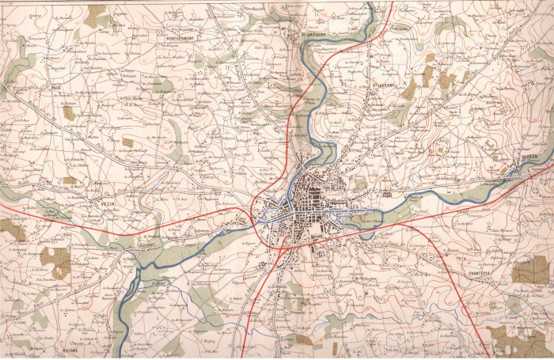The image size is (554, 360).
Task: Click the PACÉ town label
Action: coord(55,88)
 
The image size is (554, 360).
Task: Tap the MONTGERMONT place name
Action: coord(181,37)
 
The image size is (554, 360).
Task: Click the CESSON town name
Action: coord(529,157)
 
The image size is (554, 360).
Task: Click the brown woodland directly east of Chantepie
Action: coord(529,271)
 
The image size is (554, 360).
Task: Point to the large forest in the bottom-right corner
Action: coord(518,340)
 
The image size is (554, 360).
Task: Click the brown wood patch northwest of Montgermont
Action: coord(97,15)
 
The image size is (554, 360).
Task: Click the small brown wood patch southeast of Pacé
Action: coord(70,113)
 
